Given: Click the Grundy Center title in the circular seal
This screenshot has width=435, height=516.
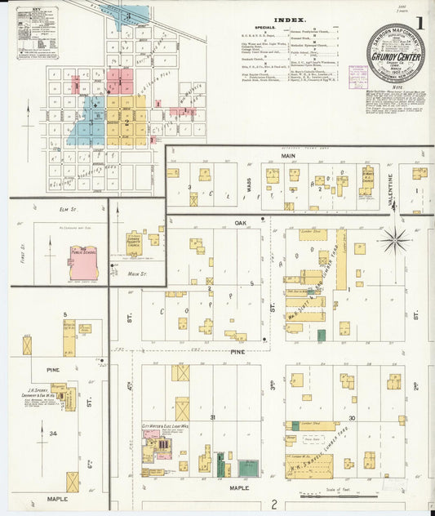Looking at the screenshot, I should click(394, 59).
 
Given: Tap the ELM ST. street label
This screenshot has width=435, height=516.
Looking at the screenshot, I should click(67, 210).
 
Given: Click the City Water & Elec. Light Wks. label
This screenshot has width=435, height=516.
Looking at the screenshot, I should click(165, 426).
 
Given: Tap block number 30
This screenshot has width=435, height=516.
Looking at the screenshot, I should click(351, 417).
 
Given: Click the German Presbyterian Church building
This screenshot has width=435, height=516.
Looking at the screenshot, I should click(135, 242).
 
